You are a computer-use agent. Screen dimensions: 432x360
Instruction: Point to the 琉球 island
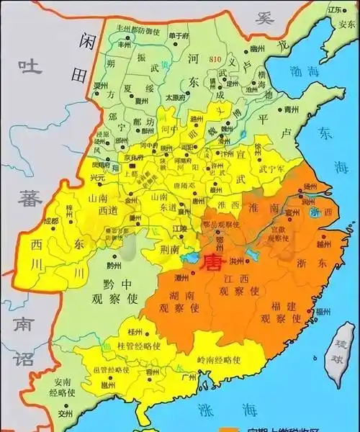point(337,355)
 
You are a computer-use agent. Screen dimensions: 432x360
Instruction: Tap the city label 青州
point(291,110)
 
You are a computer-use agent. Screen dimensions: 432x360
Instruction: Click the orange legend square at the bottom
point(228,427)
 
